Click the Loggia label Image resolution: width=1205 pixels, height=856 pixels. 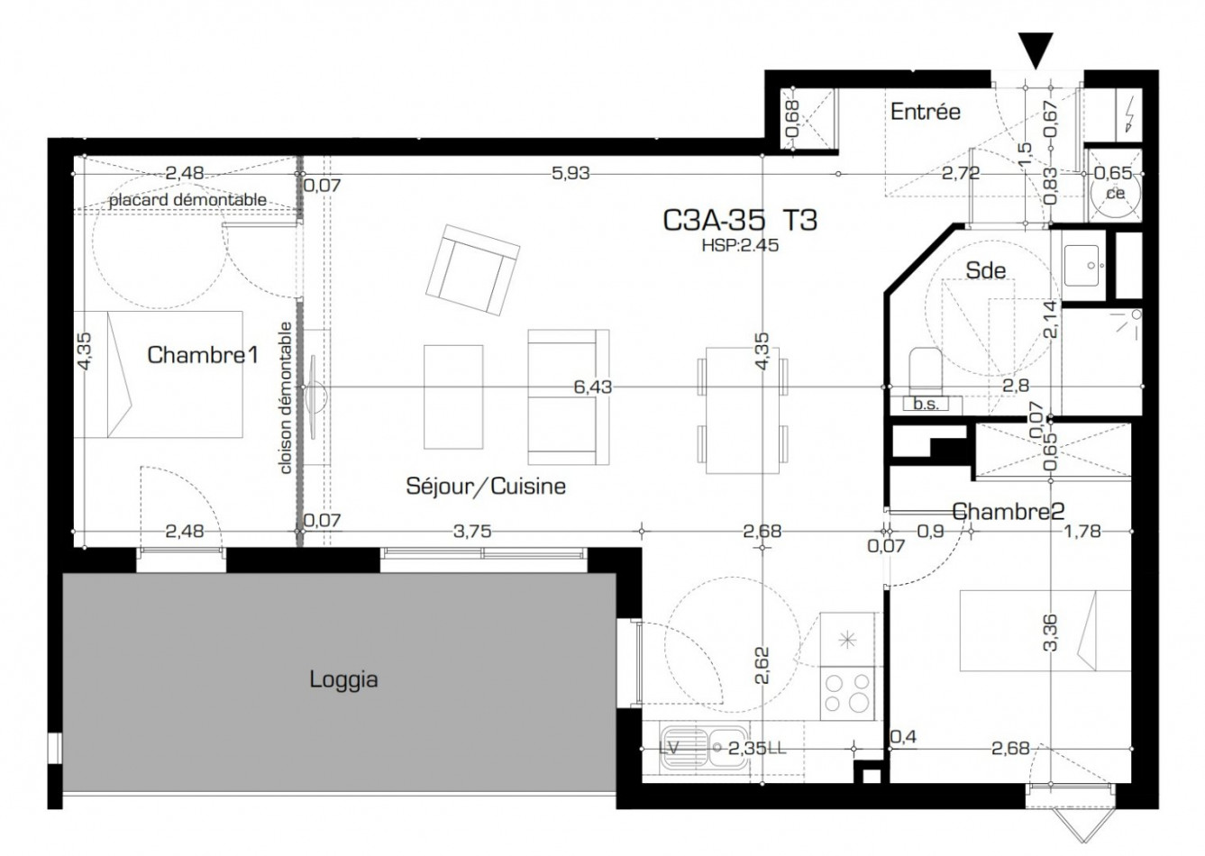click(343, 678)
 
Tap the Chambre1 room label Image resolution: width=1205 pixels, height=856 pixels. click(203, 355)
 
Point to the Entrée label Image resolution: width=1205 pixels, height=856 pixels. click(925, 112)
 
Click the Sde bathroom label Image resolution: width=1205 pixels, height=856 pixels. click(985, 269)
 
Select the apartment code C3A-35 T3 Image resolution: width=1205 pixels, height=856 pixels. click(740, 220)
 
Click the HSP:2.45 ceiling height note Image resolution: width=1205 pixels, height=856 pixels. click(739, 243)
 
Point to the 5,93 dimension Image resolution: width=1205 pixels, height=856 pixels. click(570, 173)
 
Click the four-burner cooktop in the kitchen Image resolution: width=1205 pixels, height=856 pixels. click(848, 694)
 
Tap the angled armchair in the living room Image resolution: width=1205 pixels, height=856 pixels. click(473, 269)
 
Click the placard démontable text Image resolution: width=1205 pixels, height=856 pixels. click(187, 199)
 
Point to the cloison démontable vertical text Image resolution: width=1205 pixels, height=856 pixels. click(286, 397)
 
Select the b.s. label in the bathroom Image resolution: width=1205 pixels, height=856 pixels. click(926, 405)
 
